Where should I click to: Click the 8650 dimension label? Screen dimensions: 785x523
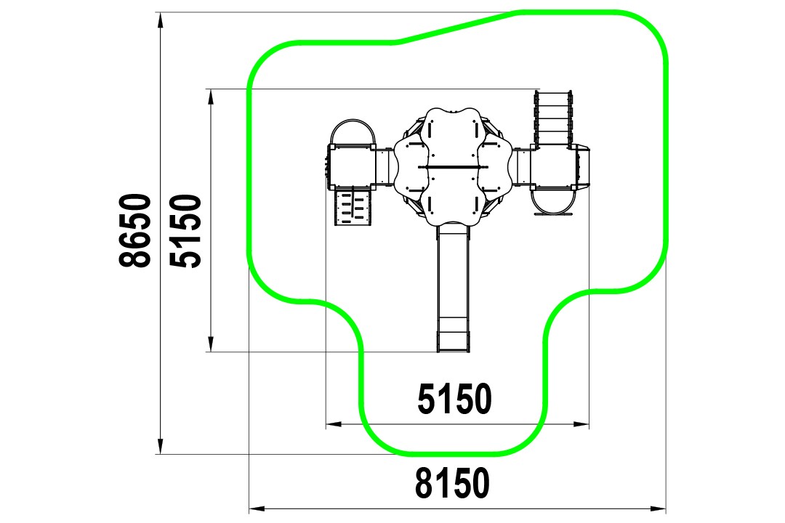pyautogui.click(x=135, y=230)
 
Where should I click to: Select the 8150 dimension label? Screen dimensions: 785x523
pyautogui.click(x=452, y=483)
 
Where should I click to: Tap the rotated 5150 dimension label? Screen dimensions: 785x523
pyautogui.click(x=185, y=231)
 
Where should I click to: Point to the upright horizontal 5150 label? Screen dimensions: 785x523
pyautogui.click(x=454, y=399)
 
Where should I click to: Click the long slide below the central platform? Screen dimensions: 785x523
pyautogui.click(x=454, y=288)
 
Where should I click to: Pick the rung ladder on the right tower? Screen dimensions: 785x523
pyautogui.click(x=552, y=118)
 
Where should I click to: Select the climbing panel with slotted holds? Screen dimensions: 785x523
pyautogui.click(x=353, y=207)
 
